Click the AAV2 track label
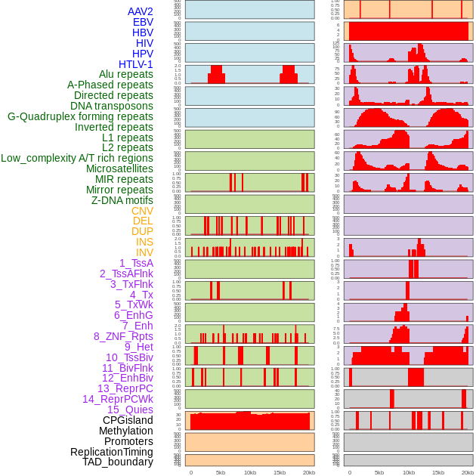[x=140, y=11]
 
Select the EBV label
[x=143, y=22]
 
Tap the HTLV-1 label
[x=136, y=64]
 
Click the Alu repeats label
[x=125, y=74]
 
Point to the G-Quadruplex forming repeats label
[x=80, y=116]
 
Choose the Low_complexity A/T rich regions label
[x=77, y=158]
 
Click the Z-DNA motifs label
[x=122, y=200]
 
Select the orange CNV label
[x=142, y=211]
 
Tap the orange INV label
[x=144, y=252]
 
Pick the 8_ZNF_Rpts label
[x=123, y=336]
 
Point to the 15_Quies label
[x=130, y=410]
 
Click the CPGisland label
[x=128, y=420]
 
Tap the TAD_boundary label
[x=118, y=462]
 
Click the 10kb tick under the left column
[x=250, y=472]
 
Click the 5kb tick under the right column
[x=379, y=472]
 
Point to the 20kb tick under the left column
[x=309, y=472]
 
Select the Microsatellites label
[x=119, y=168]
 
